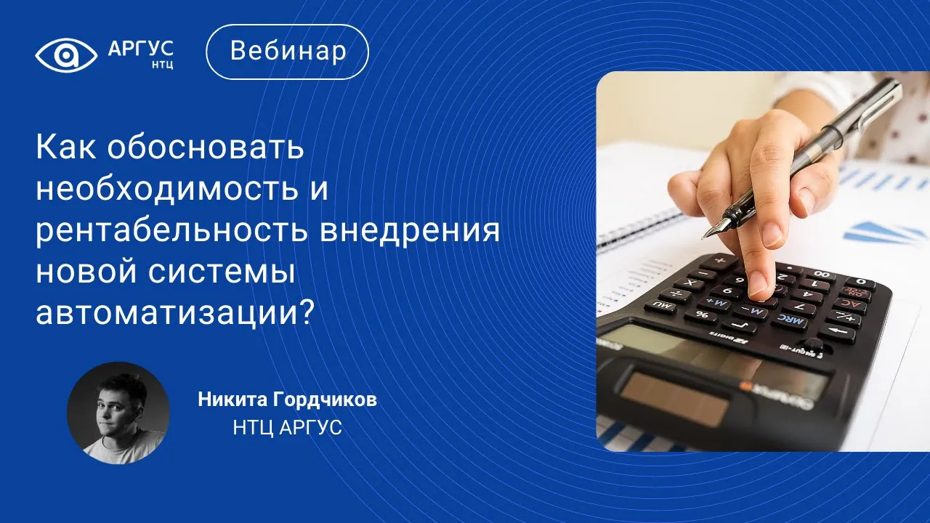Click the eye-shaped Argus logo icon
pos(66,55)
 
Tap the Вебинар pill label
pos(287,52)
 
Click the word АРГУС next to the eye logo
pos(141,49)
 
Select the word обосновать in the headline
pos(206,147)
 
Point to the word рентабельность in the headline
pos(171,232)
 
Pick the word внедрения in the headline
pos(410,232)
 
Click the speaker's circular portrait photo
pos(118,413)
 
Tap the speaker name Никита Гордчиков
pos(287,400)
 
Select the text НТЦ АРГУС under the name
pos(287,428)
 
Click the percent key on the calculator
pos(702,315)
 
